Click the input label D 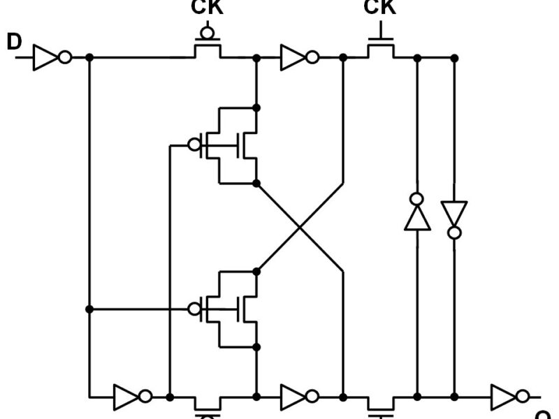tap(14, 42)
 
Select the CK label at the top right tap(379, 8)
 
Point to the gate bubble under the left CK tap(207, 32)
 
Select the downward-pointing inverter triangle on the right tap(454, 212)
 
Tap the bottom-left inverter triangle tap(128, 397)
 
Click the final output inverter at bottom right tap(504, 397)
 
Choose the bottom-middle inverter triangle tap(293, 397)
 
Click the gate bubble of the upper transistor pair tap(194, 145)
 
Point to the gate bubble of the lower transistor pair tap(194, 309)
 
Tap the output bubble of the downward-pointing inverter tap(454, 232)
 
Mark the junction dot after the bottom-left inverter tap(170, 397)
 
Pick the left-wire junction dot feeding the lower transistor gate tap(89, 309)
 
